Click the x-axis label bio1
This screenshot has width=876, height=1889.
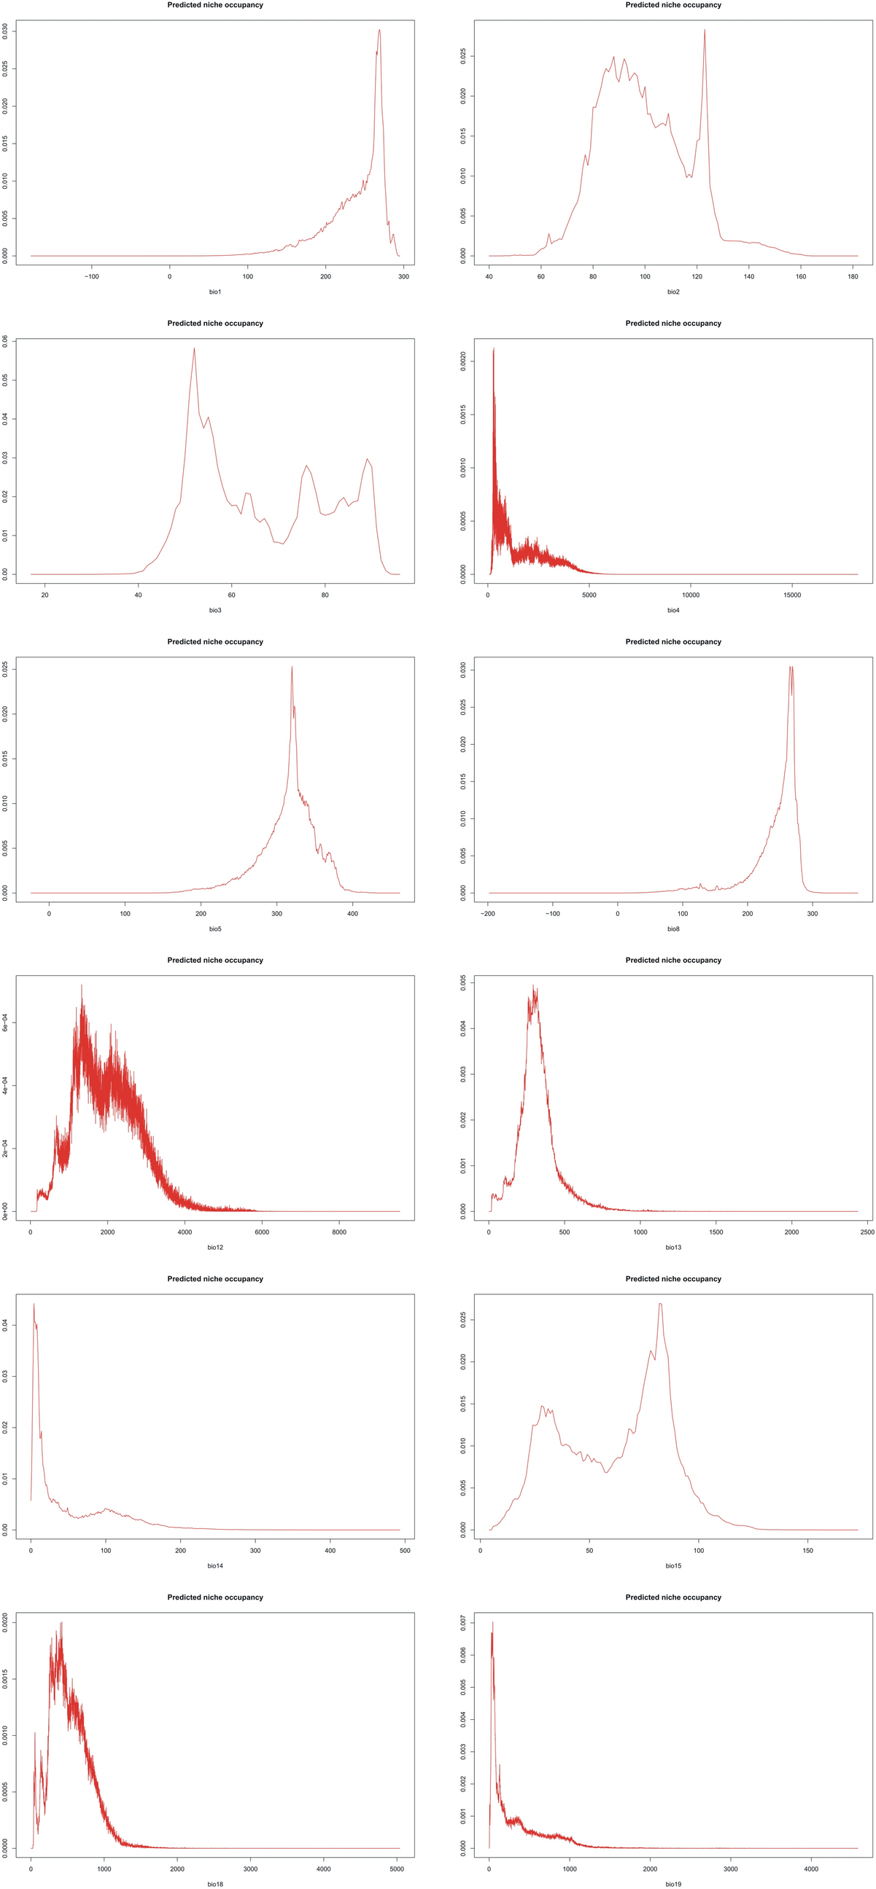[x=215, y=292]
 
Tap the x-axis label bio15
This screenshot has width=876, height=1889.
[x=672, y=1565]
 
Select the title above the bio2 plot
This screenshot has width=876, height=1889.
[x=672, y=5]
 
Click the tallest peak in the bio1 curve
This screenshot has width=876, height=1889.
[x=379, y=31]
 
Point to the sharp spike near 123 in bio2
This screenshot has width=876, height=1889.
[x=705, y=31]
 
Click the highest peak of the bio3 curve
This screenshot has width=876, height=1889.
[x=195, y=349]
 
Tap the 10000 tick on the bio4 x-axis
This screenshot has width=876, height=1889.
[x=691, y=595]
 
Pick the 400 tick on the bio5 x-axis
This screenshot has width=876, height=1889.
[x=353, y=914]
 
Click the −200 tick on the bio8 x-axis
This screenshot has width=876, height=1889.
[x=488, y=914]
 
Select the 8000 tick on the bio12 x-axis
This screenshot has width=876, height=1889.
[x=339, y=1232]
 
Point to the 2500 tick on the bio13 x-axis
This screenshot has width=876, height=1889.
[x=867, y=1232]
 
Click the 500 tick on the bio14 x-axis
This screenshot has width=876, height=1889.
[x=405, y=1550]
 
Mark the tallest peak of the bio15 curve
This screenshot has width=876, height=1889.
[x=660, y=1305]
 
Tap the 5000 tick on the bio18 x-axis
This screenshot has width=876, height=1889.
[x=397, y=1869]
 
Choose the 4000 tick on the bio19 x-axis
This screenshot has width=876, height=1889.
[x=810, y=1869]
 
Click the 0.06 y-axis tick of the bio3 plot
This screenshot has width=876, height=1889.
[x=6, y=341]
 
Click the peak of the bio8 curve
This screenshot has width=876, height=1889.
[x=791, y=668]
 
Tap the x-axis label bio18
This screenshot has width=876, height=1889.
[x=215, y=1884]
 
